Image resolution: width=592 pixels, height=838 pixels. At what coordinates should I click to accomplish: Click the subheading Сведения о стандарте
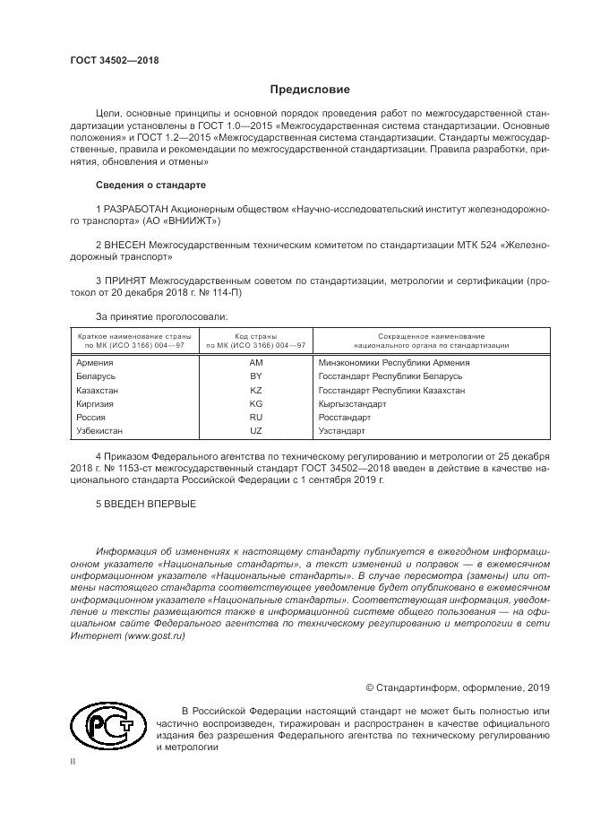click(150, 185)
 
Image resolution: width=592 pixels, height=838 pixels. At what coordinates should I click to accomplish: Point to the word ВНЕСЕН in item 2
click(124, 244)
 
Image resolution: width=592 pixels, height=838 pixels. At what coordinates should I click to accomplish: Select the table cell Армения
click(96, 363)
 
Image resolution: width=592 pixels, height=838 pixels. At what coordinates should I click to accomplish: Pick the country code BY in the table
click(255, 377)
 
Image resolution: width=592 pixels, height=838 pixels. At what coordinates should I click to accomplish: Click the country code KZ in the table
click(255, 391)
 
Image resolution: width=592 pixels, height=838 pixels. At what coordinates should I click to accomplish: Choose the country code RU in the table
click(255, 418)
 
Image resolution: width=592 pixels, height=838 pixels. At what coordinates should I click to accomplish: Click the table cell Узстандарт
click(342, 431)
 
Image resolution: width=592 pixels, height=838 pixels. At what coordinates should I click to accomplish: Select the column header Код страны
click(255, 334)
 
